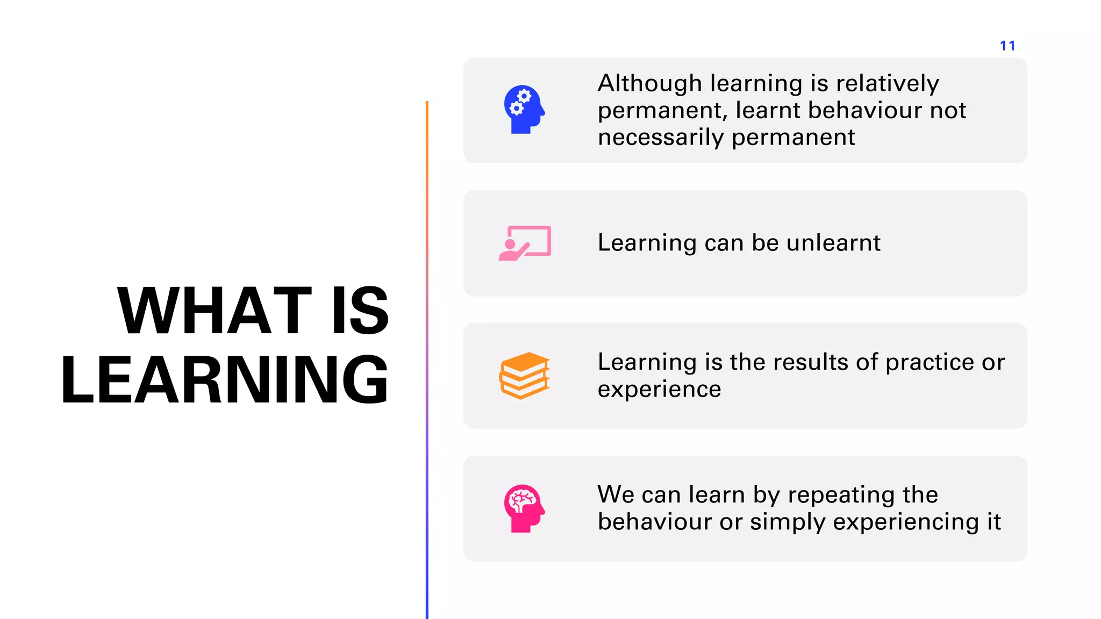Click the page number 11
point(1007,46)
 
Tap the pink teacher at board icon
point(525,243)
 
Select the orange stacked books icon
point(525,376)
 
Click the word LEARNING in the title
point(225,380)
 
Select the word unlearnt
point(833,243)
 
